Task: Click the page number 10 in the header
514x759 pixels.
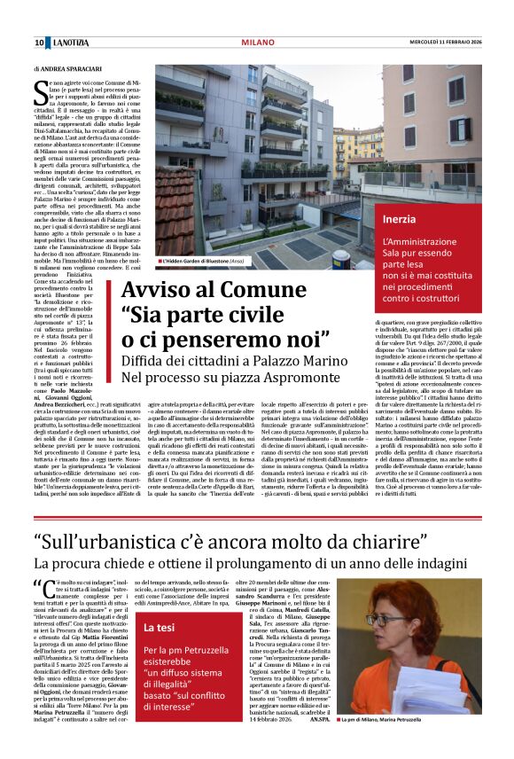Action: coord(40,42)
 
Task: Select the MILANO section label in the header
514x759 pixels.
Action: coord(258,42)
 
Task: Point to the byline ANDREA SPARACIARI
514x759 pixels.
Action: coord(70,67)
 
